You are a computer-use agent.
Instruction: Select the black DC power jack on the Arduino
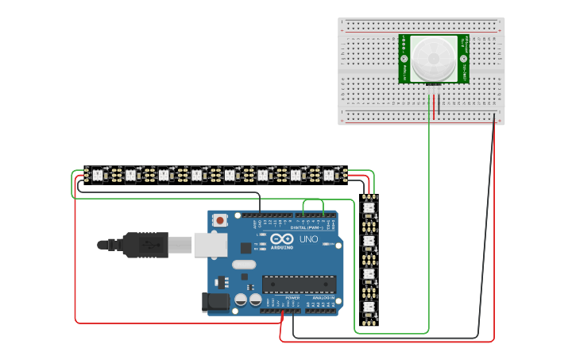(x=215, y=301)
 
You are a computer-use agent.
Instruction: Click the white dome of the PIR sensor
(x=433, y=58)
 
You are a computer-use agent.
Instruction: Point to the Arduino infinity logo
(x=282, y=238)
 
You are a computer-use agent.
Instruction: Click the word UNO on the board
(x=308, y=238)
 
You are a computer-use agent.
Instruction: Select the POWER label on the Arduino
(x=292, y=297)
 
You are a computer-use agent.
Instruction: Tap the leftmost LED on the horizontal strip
(x=98, y=174)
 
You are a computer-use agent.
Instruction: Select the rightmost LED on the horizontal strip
(x=329, y=174)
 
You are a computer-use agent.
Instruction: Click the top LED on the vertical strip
(x=369, y=208)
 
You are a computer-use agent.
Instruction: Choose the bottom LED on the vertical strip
(x=369, y=308)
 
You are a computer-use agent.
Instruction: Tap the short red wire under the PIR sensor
(x=435, y=106)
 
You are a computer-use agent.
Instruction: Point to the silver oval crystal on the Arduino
(x=245, y=265)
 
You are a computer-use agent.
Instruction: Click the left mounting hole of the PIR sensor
(x=404, y=59)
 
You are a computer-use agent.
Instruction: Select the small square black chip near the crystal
(x=246, y=248)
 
